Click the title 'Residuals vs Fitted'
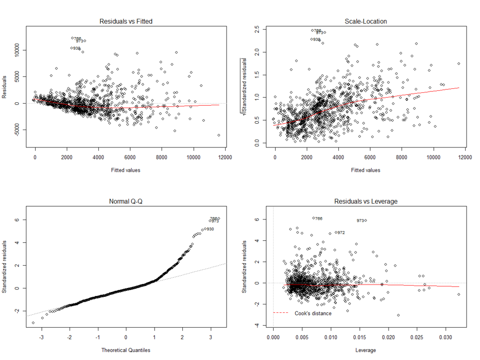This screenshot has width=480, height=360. [126, 21]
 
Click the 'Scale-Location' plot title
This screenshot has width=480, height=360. [366, 21]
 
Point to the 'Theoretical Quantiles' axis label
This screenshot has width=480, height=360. [126, 350]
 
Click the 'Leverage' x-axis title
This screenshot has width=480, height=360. [366, 350]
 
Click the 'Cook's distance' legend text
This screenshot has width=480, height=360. [313, 313]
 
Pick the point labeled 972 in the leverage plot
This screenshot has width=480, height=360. [336, 232]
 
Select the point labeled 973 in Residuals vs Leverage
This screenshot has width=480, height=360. [366, 220]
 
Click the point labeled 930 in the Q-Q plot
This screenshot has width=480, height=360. [203, 229]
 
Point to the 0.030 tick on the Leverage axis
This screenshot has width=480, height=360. [444, 338]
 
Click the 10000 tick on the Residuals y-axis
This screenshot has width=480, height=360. [20, 50]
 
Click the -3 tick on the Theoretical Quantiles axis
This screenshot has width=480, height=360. [42, 338]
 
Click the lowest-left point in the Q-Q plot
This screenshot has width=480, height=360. [33, 323]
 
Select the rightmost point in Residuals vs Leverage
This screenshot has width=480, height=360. [459, 294]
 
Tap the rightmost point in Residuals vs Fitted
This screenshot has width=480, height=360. [219, 135]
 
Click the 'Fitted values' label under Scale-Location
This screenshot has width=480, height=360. [366, 170]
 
